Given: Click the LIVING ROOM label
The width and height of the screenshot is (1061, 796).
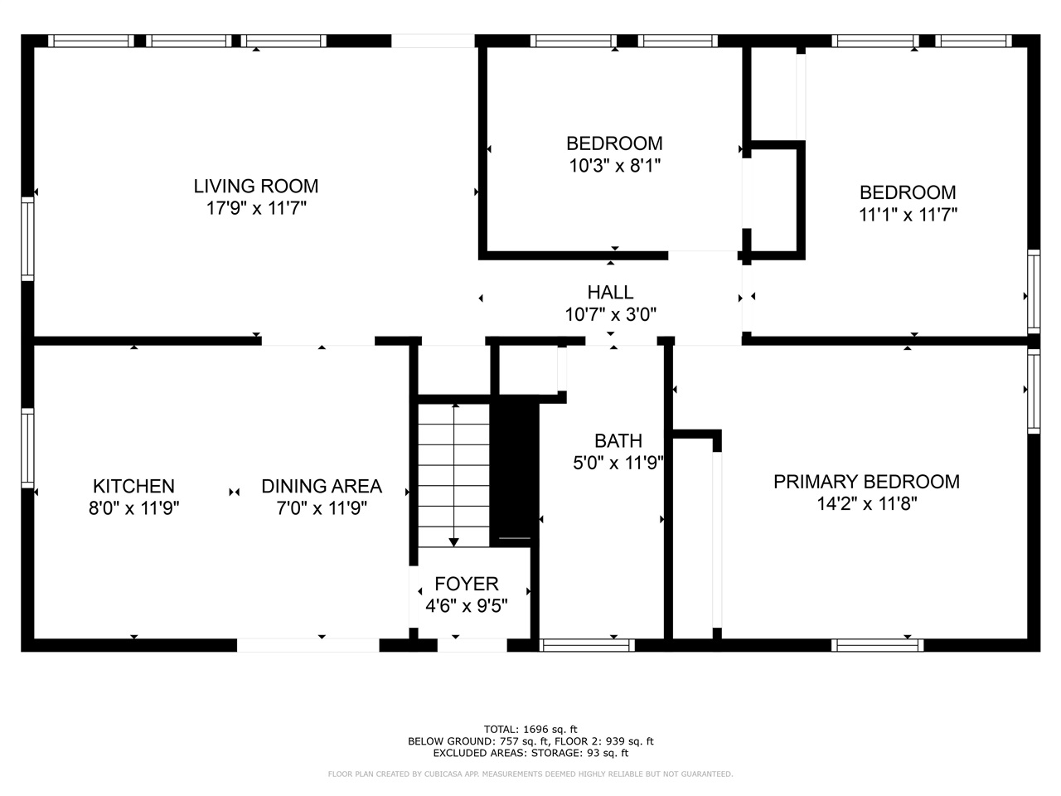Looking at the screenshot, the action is (x=255, y=186).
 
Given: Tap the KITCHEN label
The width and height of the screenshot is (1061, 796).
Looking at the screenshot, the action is (x=134, y=486).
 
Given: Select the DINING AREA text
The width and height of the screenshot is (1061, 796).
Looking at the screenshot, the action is (x=322, y=486).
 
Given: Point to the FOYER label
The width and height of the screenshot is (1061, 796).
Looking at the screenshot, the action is (x=467, y=584).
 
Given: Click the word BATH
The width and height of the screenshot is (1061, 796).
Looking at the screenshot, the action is (x=618, y=441).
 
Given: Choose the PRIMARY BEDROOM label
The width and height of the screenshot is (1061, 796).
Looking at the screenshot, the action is (x=867, y=482).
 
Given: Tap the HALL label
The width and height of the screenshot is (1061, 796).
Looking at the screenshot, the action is (x=611, y=293).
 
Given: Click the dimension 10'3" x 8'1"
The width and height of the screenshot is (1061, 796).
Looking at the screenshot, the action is (x=615, y=166).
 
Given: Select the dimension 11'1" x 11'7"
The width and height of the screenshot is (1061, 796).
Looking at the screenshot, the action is (x=908, y=215).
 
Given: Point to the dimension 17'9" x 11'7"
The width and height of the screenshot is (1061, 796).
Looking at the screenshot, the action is (x=256, y=208).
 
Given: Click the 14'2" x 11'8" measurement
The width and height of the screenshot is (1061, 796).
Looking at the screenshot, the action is (x=867, y=504).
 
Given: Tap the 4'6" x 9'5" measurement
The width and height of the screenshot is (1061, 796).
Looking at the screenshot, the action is (x=467, y=605).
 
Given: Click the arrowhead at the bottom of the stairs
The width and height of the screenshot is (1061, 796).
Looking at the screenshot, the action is (x=453, y=543).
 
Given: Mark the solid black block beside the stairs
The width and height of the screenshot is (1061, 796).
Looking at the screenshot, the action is (x=515, y=472).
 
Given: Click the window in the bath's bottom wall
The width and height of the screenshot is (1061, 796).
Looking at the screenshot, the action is (x=587, y=645).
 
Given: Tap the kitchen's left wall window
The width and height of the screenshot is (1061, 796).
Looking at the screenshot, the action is (x=27, y=448).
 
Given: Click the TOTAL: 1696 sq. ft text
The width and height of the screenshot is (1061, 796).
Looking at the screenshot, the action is (x=530, y=730).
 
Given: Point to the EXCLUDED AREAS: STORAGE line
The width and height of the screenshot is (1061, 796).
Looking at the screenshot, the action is (x=530, y=753).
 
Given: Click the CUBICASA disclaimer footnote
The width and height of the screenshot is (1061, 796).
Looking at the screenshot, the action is (x=530, y=774).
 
